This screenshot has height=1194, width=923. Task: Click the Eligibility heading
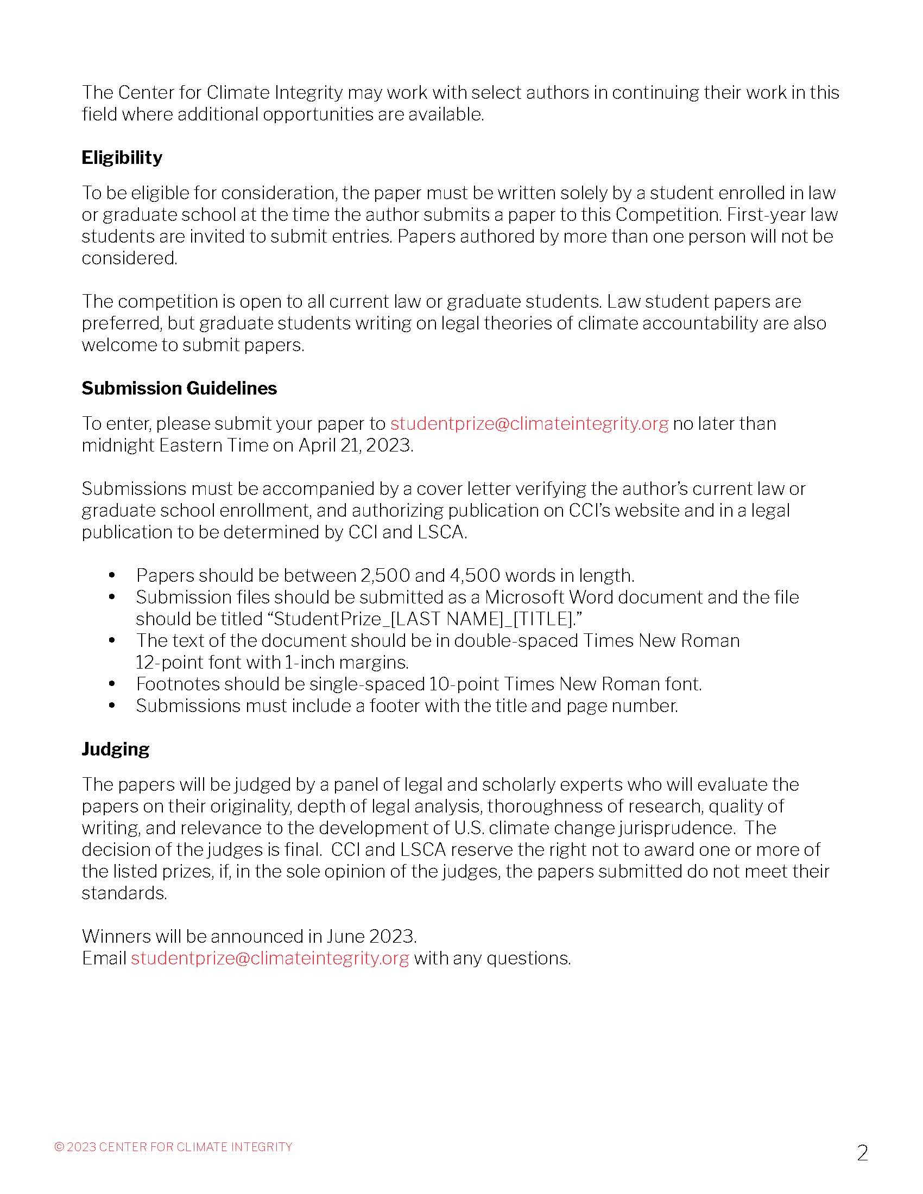(122, 157)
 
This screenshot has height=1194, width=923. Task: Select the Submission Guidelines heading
(179, 388)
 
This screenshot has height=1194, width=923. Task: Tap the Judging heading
(115, 749)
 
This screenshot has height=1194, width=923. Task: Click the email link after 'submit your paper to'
(529, 424)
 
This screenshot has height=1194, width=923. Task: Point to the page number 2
(862, 1153)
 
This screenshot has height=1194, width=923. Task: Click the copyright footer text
(173, 1146)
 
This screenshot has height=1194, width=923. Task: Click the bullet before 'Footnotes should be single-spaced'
(112, 684)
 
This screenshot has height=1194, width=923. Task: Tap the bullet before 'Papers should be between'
(112, 575)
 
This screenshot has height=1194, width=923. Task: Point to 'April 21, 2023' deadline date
(356, 445)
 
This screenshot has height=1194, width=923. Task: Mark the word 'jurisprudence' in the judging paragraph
(676, 828)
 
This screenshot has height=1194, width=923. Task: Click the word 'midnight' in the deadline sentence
(118, 445)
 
